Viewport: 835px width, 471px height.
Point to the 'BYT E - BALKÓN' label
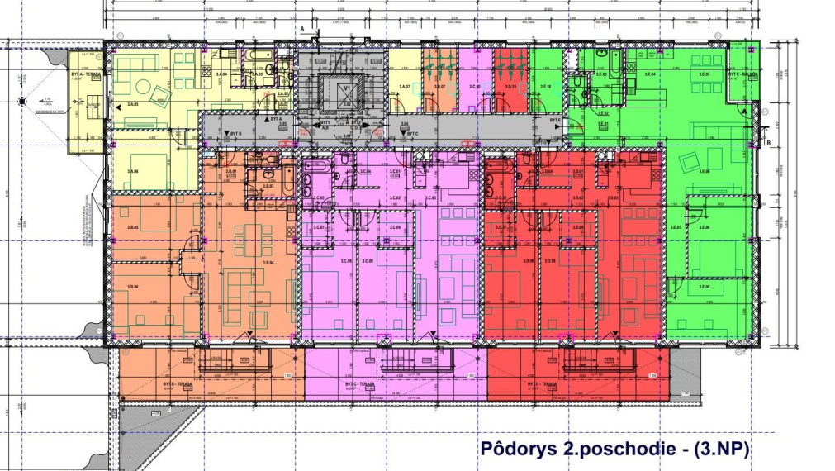click(x=742, y=74)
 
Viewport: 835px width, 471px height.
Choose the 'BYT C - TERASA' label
click(x=361, y=384)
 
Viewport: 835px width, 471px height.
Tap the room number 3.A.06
click(x=132, y=171)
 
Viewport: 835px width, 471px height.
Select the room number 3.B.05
click(x=132, y=227)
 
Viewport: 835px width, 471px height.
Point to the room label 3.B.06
click(x=132, y=286)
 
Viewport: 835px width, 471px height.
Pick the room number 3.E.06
click(x=704, y=171)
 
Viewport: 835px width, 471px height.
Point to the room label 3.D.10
click(x=510, y=86)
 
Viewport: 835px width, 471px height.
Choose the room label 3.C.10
click(x=474, y=86)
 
